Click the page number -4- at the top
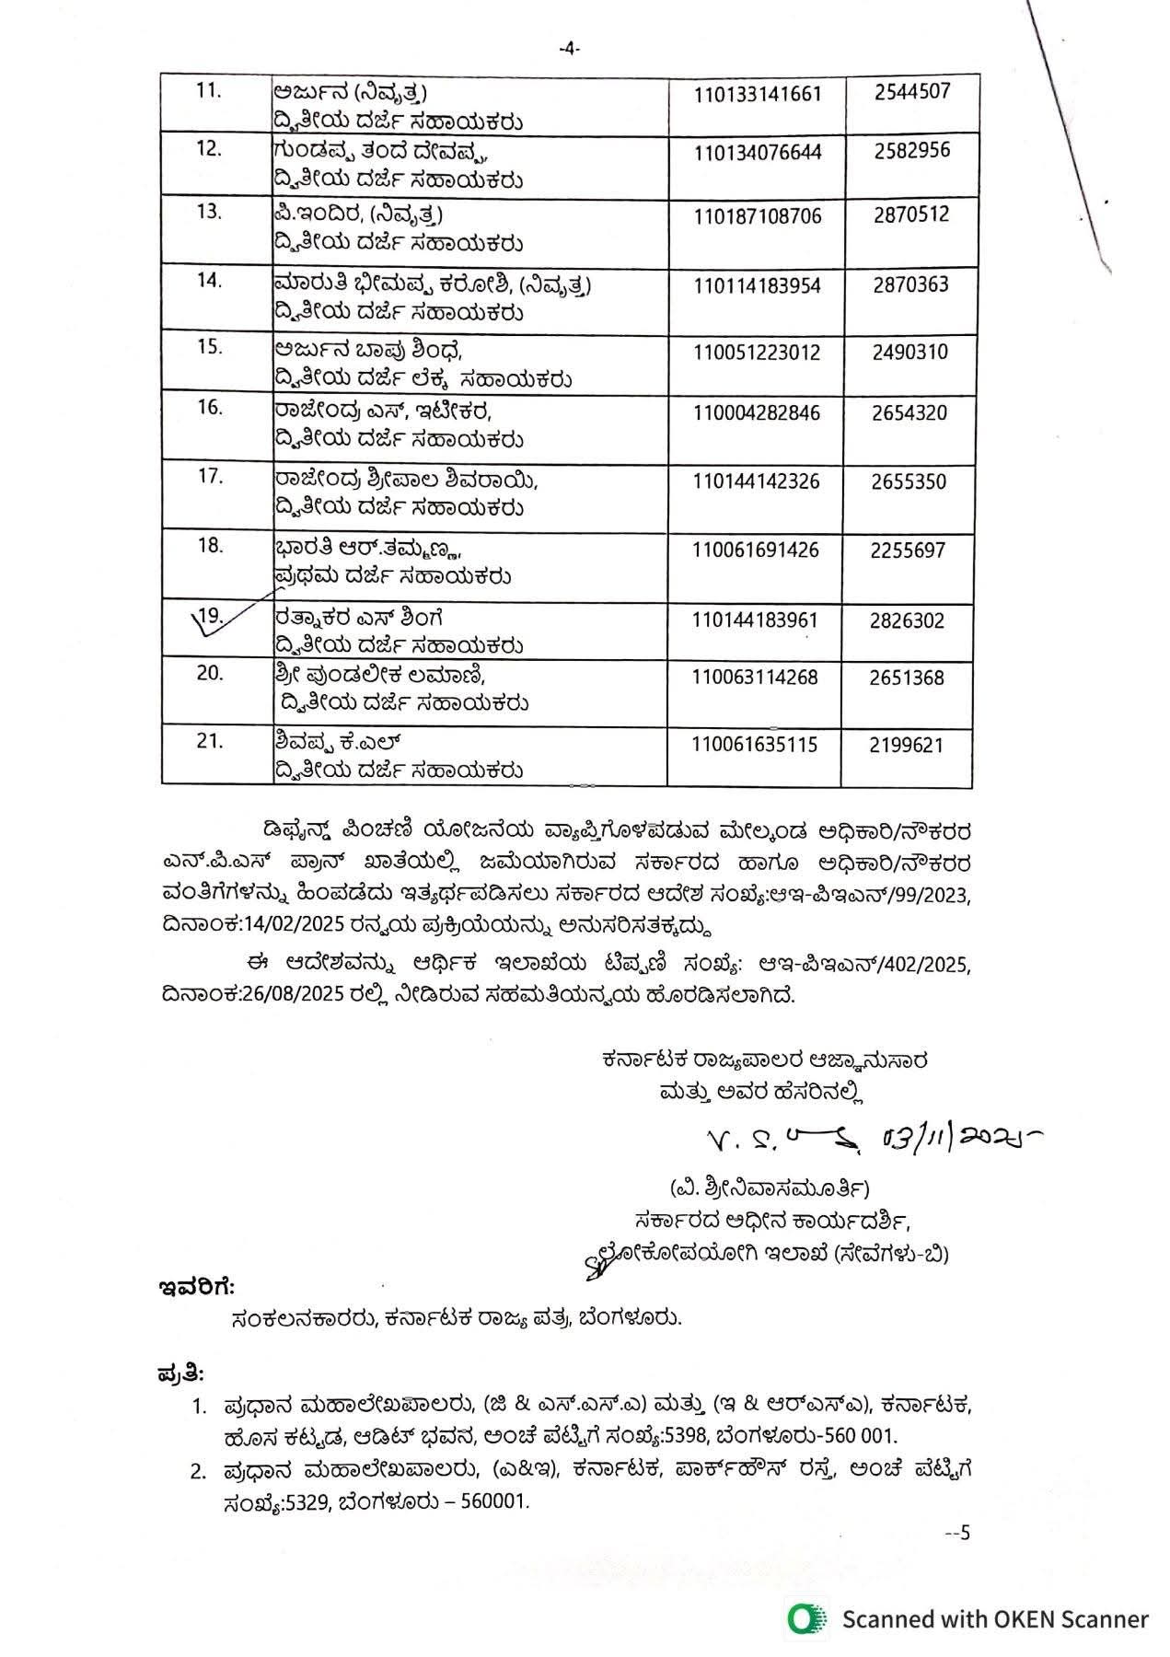click(570, 50)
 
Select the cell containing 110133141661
click(757, 94)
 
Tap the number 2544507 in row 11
click(912, 91)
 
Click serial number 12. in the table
click(210, 147)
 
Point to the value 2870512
click(911, 215)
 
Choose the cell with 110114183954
click(757, 286)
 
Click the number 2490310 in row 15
click(910, 353)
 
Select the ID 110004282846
click(757, 412)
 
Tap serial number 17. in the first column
click(210, 476)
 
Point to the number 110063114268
click(755, 678)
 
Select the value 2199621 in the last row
click(907, 745)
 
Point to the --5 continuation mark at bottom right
click(957, 1533)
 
